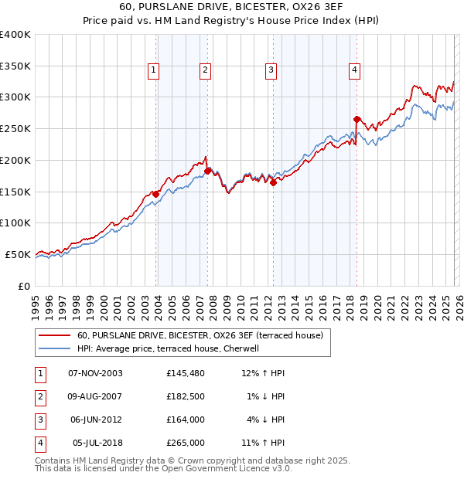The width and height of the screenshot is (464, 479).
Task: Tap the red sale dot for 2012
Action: (x=274, y=182)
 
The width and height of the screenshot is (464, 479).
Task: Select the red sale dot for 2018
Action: (x=357, y=119)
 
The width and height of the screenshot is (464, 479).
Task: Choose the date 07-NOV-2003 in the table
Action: (x=95, y=373)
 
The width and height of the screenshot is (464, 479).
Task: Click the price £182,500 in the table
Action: (x=185, y=396)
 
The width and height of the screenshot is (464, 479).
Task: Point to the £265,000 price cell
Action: (x=185, y=443)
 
